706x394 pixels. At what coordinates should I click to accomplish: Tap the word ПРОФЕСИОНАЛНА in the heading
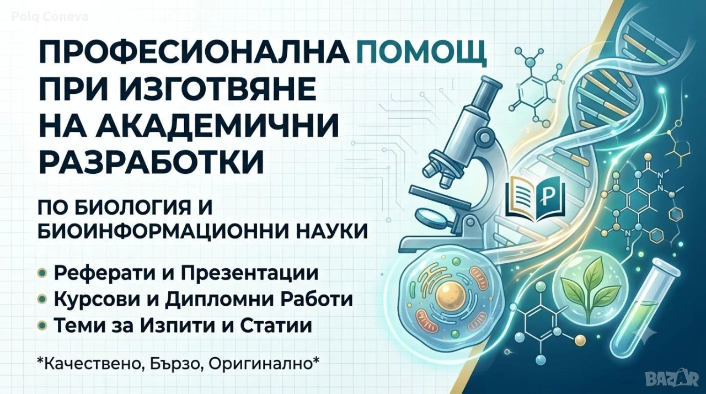click(193, 54)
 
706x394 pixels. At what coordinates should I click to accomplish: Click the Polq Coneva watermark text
click(50, 17)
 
